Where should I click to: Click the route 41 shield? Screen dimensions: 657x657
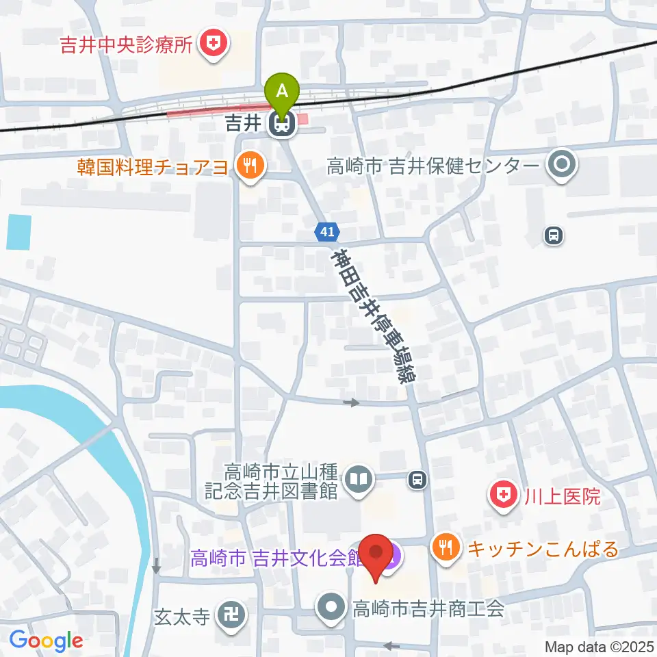[327, 232]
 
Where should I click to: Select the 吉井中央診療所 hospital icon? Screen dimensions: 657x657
[214, 45]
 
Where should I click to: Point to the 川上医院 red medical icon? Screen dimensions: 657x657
[503, 495]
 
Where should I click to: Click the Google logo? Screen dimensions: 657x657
[46, 641]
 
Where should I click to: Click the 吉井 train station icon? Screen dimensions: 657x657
[281, 125]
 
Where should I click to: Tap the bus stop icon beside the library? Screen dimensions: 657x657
[417, 480]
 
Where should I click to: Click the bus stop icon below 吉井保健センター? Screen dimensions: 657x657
[553, 236]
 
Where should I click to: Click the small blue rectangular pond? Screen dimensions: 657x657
[19, 231]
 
